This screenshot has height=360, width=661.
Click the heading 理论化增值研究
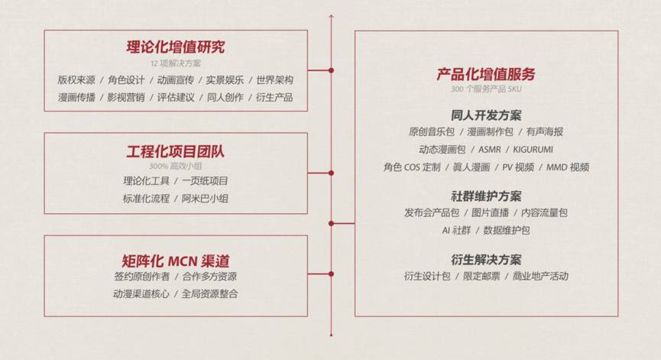click(x=176, y=47)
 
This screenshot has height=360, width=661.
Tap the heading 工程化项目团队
click(x=176, y=151)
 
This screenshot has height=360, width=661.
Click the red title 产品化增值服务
click(x=486, y=74)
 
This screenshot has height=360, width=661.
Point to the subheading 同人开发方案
click(x=486, y=115)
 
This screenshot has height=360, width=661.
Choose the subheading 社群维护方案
click(x=486, y=196)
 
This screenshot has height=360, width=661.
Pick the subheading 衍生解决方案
click(x=486, y=259)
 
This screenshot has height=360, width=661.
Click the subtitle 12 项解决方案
click(x=176, y=63)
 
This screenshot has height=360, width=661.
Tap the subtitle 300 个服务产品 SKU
click(x=486, y=89)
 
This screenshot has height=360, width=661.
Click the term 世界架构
click(x=274, y=79)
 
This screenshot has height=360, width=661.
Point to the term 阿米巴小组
click(x=205, y=198)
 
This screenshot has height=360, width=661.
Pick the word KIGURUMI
click(x=533, y=149)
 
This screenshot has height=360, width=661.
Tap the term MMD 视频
click(x=567, y=167)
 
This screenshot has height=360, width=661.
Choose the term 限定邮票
click(x=481, y=276)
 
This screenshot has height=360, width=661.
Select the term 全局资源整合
click(x=209, y=293)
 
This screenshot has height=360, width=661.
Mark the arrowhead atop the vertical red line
click(x=331, y=15)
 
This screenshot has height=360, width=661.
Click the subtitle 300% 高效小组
click(x=176, y=165)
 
